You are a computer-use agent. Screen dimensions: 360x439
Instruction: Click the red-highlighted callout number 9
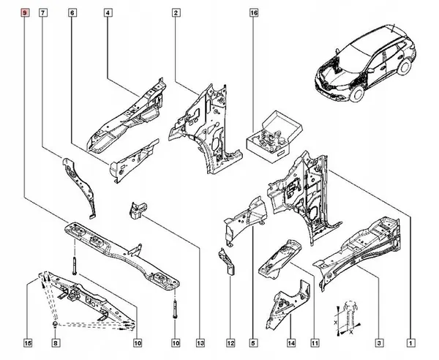(x=27, y=13)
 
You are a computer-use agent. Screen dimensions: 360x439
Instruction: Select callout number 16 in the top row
(x=254, y=13)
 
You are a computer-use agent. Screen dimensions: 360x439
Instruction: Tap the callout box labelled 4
(x=108, y=13)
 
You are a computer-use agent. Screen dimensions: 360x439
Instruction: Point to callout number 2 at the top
(x=177, y=13)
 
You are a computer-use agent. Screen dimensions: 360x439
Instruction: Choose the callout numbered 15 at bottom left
(x=27, y=342)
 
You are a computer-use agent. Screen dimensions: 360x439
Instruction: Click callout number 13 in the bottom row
(x=200, y=342)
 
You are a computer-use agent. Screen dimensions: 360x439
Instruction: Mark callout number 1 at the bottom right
(x=411, y=342)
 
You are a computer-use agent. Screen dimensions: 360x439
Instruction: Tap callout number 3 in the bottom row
(x=380, y=342)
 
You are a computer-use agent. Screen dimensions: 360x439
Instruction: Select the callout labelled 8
(x=56, y=342)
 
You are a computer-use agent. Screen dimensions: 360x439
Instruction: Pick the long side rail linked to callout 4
(x=124, y=117)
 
